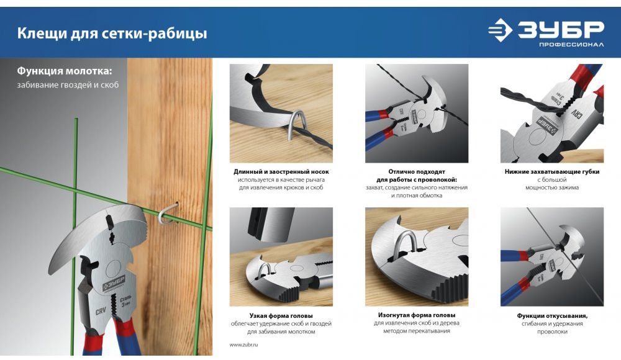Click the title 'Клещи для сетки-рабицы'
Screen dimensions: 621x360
pyautogui.click(x=112, y=34)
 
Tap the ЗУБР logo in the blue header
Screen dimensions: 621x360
pyautogui.click(x=546, y=29)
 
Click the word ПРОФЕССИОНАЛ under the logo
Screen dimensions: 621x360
pyautogui.click(x=571, y=44)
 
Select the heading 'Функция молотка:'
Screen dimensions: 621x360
pyautogui.click(x=65, y=71)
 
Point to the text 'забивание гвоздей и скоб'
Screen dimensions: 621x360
pyautogui.click(x=68, y=85)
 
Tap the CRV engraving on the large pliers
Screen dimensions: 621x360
pyautogui.click(x=101, y=311)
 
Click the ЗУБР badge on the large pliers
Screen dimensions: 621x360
pyautogui.click(x=114, y=283)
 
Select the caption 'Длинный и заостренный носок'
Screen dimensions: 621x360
pyautogui.click(x=281, y=172)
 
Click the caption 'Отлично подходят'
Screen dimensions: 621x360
pyautogui.click(x=417, y=172)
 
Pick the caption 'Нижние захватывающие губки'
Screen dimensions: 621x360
pyautogui.click(x=552, y=172)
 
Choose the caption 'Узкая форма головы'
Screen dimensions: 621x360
pyautogui.click(x=281, y=316)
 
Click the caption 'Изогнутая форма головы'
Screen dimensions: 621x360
pyautogui.click(x=417, y=315)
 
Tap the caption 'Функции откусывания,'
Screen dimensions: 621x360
pyautogui.click(x=552, y=316)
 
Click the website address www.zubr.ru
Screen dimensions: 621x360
pyautogui.click(x=243, y=344)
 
